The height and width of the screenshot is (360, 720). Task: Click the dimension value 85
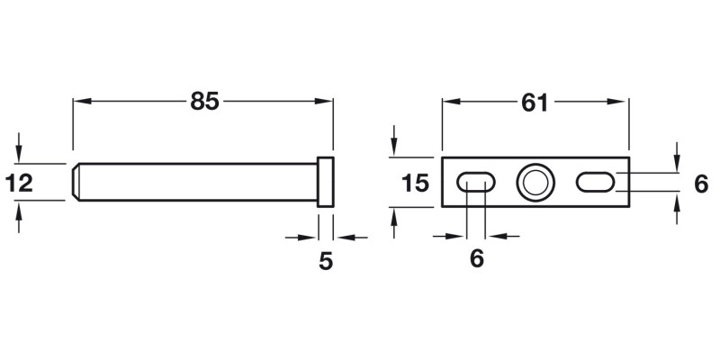(x=204, y=102)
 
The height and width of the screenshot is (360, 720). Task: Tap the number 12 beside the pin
(x=19, y=184)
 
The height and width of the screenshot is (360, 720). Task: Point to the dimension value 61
(x=535, y=102)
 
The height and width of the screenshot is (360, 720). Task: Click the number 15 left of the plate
(x=415, y=184)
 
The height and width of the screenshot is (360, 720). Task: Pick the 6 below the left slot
(x=477, y=258)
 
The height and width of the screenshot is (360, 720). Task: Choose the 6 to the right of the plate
(x=702, y=184)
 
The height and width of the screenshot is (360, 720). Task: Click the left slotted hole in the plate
(x=476, y=183)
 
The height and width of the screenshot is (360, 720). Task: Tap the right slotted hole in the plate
(x=596, y=183)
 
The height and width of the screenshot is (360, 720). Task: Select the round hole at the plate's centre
(x=535, y=183)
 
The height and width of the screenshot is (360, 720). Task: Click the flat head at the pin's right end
(x=326, y=184)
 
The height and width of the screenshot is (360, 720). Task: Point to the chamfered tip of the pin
(x=76, y=183)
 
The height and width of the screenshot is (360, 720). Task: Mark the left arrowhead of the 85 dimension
(x=79, y=102)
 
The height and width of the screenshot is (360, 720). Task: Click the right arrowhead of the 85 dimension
(x=328, y=102)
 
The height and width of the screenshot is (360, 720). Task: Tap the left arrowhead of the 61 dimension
(x=447, y=102)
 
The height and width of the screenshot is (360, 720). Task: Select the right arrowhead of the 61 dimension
(x=622, y=102)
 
